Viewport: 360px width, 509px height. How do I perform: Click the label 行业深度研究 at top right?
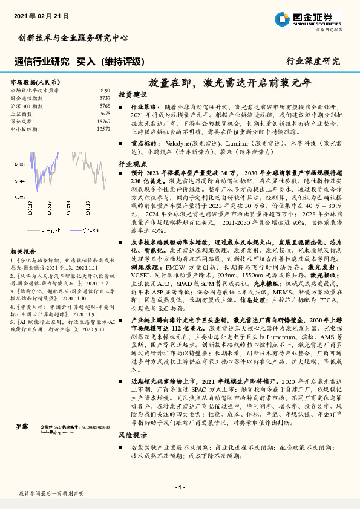pos(313,61)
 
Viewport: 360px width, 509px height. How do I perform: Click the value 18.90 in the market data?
pos(104,90)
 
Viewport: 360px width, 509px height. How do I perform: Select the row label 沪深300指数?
pos(27,105)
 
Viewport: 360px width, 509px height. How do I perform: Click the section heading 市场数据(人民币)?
pos(35,81)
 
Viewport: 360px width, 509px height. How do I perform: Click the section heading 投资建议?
pos(133,95)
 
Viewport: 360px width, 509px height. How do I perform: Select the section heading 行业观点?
pos(133,164)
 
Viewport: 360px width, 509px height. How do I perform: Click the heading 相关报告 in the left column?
pos(24,251)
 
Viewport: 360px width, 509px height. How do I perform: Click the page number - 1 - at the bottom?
pos(180,487)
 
